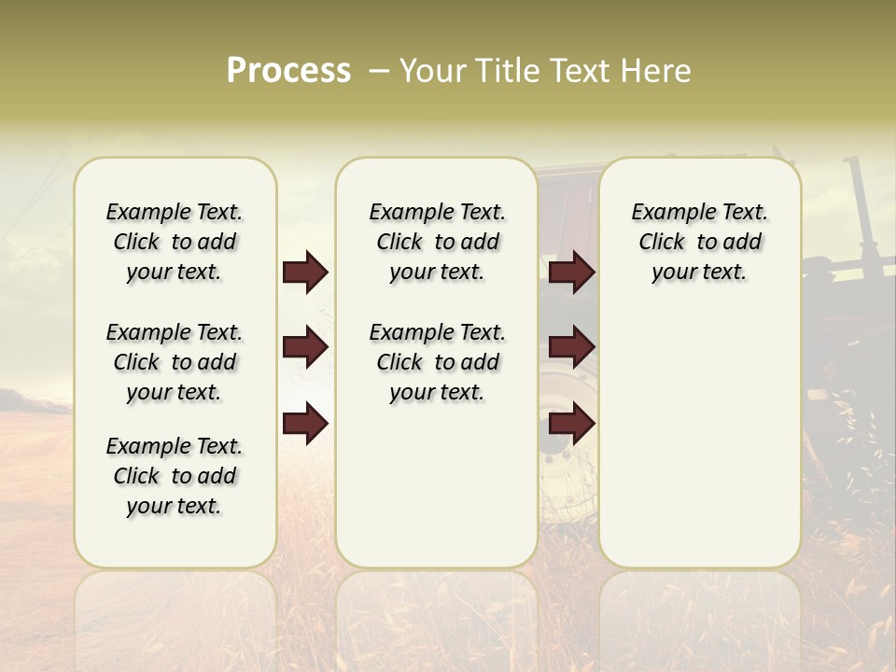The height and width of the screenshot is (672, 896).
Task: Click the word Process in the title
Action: click(x=288, y=71)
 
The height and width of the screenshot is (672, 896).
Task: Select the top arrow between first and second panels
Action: click(x=305, y=273)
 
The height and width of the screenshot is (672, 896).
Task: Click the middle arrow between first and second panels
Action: click(x=305, y=348)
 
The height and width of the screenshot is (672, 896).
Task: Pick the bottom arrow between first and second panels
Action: click(x=305, y=423)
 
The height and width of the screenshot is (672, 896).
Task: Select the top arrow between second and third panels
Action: click(x=571, y=273)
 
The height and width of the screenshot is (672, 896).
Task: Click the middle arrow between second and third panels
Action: click(x=571, y=348)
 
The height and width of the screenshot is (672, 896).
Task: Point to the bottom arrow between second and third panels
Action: click(x=571, y=423)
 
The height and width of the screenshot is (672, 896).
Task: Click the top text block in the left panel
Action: click(x=175, y=242)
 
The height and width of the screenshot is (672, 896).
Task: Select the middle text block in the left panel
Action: click(x=175, y=362)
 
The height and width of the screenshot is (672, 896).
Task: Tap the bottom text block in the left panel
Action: click(x=175, y=476)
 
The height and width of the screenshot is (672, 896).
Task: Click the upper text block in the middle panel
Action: click(x=437, y=242)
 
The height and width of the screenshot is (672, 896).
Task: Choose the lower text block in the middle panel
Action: click(x=437, y=362)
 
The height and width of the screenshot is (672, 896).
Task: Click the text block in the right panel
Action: click(x=699, y=242)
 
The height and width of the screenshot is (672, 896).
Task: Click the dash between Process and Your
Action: click(x=379, y=71)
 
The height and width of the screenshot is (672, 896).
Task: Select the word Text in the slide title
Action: click(x=580, y=71)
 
